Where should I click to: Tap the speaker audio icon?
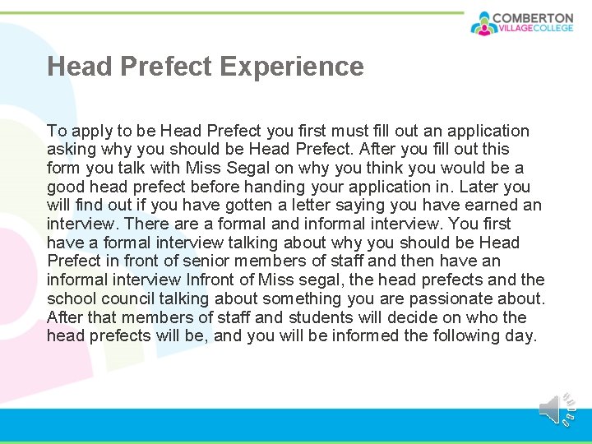coord(551,409)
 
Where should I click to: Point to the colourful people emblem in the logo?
coord(483,23)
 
